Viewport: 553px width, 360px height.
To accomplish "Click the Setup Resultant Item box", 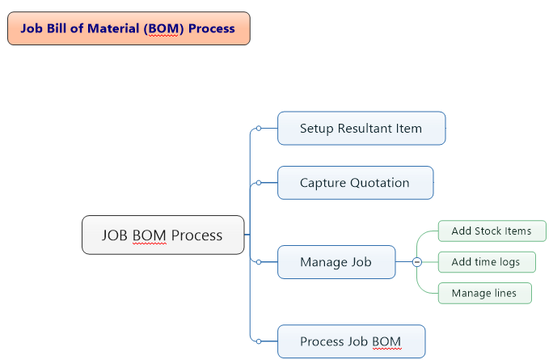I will pos(361,128).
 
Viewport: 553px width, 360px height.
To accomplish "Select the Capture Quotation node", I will pos(355,183).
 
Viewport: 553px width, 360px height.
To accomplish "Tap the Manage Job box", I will pos(336,262).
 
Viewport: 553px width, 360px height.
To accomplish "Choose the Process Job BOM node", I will pos(351,341).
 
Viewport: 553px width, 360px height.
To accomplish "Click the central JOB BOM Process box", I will pos(163,235).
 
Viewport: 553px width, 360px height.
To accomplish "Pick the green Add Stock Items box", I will pos(492,231).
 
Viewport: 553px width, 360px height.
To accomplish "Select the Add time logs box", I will pos(486,262).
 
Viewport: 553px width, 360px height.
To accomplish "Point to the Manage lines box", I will pos(484,293).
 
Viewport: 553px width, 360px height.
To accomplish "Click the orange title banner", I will pos(129,28).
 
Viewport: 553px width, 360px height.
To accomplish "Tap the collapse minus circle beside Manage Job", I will pos(416,262).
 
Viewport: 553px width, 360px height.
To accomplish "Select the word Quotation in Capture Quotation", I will pos(382,183).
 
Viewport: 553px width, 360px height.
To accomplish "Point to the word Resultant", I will pos(369,128).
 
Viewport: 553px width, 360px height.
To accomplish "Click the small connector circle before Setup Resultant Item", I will pos(258,128).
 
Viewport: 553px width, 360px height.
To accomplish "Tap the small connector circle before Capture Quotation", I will pos(258,183).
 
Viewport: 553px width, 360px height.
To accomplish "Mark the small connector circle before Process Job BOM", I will pos(258,341).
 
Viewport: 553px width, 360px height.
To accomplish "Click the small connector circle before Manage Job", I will pos(258,262).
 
